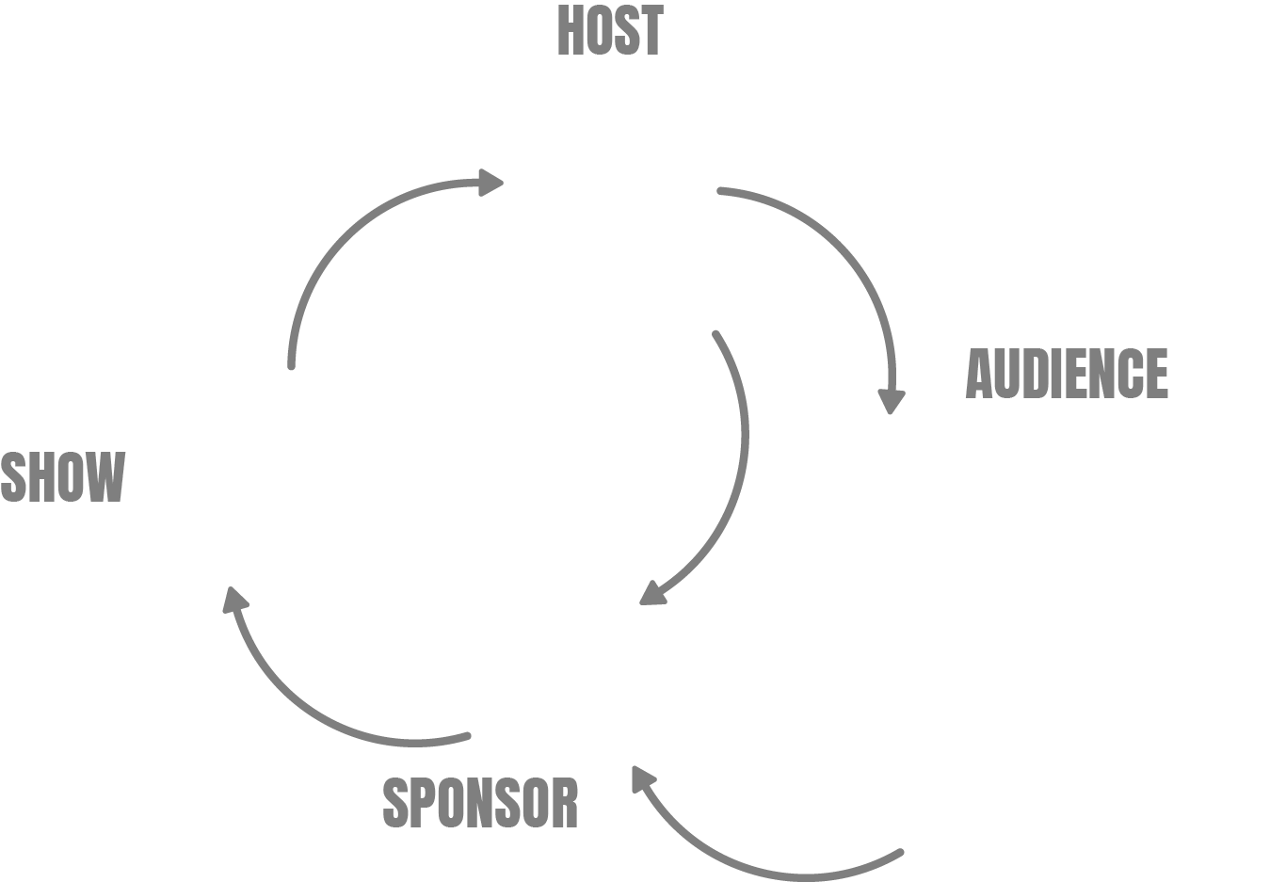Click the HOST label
(x=610, y=30)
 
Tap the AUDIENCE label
(x=1067, y=374)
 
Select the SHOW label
(x=62, y=476)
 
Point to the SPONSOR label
(x=480, y=803)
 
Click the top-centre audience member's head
(x=1047, y=489)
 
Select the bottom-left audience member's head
(x=956, y=698)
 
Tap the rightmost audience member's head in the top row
(x=1214, y=525)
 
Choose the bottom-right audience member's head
(x=1138, y=698)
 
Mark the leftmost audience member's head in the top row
(x=882, y=525)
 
